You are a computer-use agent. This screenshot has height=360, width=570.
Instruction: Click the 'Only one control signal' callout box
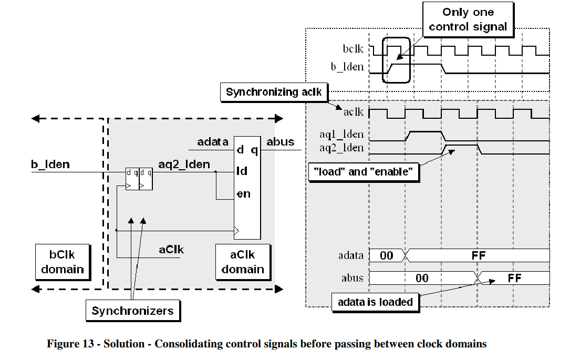(x=468, y=19)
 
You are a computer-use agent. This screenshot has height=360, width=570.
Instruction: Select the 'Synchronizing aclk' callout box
(x=273, y=92)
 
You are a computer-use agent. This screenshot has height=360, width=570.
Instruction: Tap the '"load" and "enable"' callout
(x=362, y=172)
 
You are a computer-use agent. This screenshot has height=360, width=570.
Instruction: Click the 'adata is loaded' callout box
(x=375, y=302)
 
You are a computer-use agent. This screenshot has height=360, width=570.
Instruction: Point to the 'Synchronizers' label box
(x=132, y=311)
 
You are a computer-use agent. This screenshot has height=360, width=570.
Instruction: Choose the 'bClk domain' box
(x=63, y=262)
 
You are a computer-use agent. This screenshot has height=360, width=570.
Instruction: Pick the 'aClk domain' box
(x=243, y=262)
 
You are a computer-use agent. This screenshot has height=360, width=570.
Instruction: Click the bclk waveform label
(x=353, y=49)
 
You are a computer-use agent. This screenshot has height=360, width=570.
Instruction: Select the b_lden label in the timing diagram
(x=347, y=67)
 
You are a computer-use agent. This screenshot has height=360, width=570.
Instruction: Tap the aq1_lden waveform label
(x=341, y=135)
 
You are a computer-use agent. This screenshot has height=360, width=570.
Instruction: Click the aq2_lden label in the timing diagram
(x=341, y=148)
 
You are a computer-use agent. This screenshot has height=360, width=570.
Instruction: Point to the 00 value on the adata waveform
(x=386, y=256)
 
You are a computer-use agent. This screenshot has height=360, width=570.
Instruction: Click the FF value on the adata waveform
(x=479, y=256)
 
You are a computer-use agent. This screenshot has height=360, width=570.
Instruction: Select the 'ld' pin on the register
(x=242, y=171)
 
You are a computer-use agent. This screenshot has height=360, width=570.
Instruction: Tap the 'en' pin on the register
(x=243, y=194)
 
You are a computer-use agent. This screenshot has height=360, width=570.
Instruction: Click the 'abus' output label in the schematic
(x=281, y=142)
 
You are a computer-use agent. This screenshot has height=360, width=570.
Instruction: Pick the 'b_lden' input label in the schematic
(x=50, y=165)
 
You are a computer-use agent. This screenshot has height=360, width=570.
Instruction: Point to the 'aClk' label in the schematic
(x=171, y=249)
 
